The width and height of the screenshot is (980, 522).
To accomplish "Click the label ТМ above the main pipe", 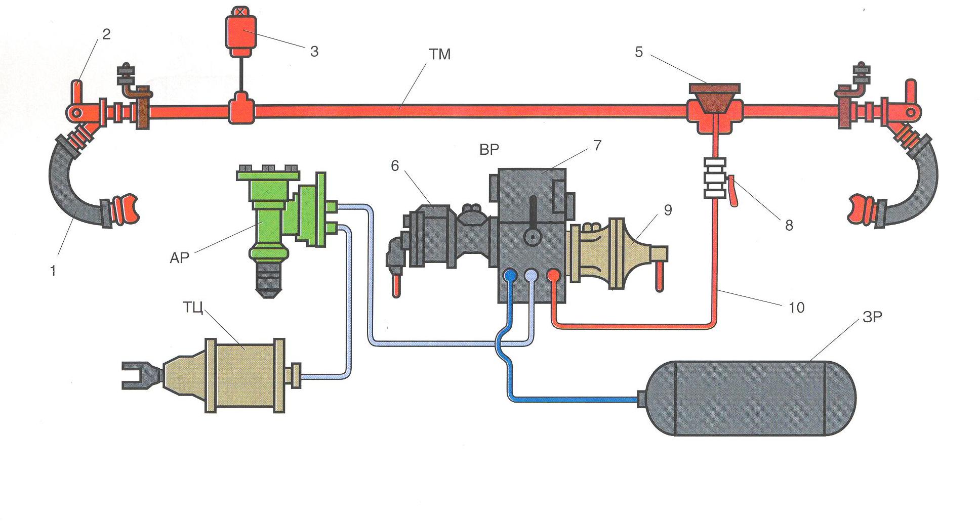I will coord(439,55).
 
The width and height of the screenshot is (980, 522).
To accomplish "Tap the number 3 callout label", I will coord(314,51).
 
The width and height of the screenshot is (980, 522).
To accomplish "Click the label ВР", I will coord(488,149).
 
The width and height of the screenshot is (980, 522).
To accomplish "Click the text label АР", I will coord(179,258).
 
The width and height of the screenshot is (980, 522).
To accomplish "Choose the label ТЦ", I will coord(193,307).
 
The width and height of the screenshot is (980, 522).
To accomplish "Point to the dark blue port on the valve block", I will coord(510,276).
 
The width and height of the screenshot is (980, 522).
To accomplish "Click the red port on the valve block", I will coord(553,276).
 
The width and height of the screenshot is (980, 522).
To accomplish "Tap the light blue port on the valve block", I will coord(531,276).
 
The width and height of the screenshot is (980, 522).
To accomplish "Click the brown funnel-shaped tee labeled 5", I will coord(714,99).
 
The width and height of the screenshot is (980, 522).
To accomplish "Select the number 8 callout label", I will coord(789,226).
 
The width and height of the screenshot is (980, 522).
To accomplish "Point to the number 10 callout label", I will coord(796,307).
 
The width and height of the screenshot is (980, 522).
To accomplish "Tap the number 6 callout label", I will coord(395,166).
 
